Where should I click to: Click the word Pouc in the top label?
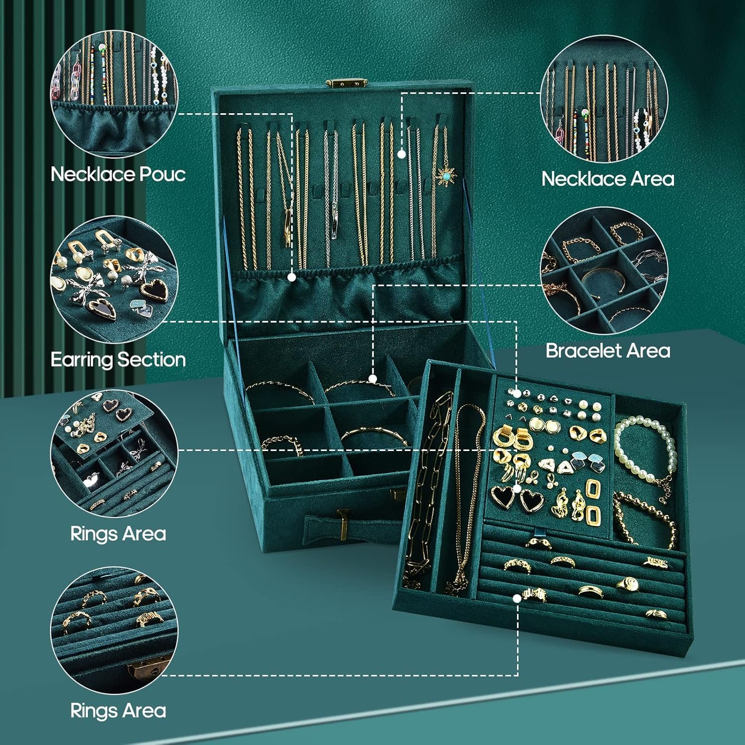click(162, 174)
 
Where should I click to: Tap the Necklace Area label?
click(607, 179)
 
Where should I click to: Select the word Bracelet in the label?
click(581, 351)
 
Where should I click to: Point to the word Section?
click(152, 360)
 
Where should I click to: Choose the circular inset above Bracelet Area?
click(604, 271)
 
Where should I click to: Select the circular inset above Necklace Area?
click(604, 99)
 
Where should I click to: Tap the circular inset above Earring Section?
click(114, 279)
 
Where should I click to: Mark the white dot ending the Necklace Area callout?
click(401, 154)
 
